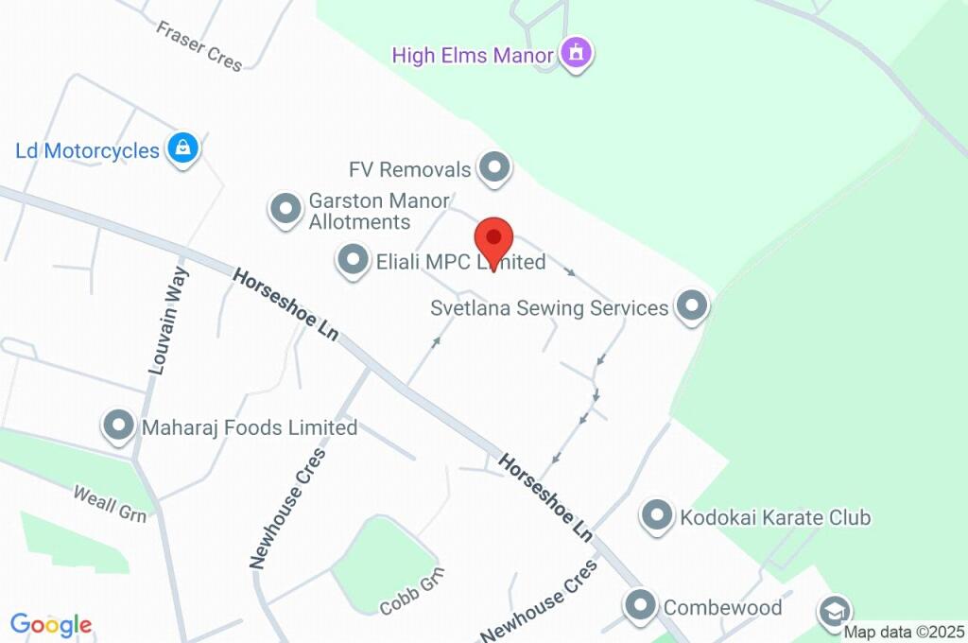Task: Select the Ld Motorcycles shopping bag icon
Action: pyautogui.click(x=181, y=148)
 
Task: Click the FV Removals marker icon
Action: pyautogui.click(x=493, y=168)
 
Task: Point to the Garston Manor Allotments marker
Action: pyautogui.click(x=284, y=209)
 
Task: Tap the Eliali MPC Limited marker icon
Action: pyautogui.click(x=353, y=259)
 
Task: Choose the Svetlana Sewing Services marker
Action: pyautogui.click(x=693, y=306)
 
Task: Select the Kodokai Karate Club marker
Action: pyautogui.click(x=656, y=515)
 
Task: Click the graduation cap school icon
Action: pyautogui.click(x=835, y=611)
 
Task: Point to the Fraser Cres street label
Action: pyautogui.click(x=199, y=46)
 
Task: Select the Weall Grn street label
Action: pyautogui.click(x=111, y=502)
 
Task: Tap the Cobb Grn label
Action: pyautogui.click(x=411, y=592)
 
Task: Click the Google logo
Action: pyautogui.click(x=51, y=624)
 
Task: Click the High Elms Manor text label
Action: pyautogui.click(x=472, y=55)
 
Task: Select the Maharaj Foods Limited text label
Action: pyautogui.click(x=250, y=427)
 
